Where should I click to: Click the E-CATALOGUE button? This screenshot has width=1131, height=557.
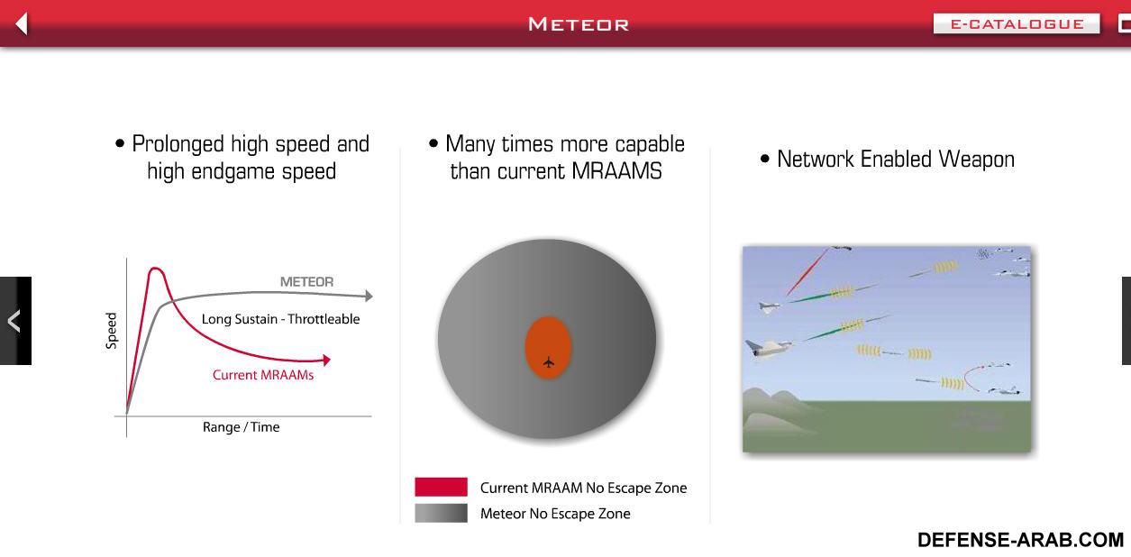click(1016, 23)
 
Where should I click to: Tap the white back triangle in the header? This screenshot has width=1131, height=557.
click(22, 23)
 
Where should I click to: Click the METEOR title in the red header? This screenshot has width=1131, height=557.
click(579, 24)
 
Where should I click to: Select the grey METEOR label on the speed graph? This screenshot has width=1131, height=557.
click(307, 282)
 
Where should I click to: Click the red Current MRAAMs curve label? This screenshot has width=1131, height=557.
click(263, 375)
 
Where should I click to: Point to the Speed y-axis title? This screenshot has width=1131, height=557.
click(111, 331)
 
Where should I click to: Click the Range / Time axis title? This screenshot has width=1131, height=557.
click(241, 427)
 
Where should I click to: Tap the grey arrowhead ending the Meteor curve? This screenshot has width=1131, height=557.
click(369, 296)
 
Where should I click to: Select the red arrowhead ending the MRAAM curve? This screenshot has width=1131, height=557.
click(326, 360)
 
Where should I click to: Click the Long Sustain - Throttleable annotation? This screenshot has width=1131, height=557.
click(281, 319)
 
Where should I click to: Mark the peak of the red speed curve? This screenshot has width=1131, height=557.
click(156, 269)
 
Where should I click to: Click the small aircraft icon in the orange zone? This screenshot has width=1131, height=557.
click(548, 362)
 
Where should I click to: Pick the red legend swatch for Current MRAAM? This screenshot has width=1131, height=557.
click(442, 487)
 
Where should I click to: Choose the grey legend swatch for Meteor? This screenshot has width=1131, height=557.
click(442, 513)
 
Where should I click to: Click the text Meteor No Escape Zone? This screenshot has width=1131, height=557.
click(555, 514)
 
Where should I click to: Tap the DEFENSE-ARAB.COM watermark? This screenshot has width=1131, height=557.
click(1020, 540)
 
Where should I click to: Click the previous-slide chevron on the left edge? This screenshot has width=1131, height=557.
click(14, 321)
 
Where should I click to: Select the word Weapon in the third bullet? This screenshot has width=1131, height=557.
click(977, 159)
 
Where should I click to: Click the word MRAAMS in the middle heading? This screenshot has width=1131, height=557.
click(616, 171)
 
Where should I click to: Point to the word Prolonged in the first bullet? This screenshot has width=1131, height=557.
click(178, 144)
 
